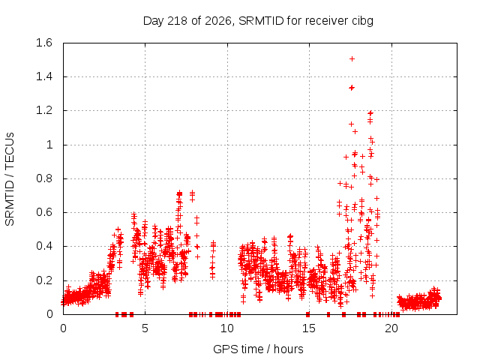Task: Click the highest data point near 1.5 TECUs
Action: pos(352,58)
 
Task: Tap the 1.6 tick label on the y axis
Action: pos(44,43)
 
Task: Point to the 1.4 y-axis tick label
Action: pos(44,76)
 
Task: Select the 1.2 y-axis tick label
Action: pos(44,110)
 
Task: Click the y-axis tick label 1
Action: pos(49,145)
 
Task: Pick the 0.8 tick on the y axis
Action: pos(44,178)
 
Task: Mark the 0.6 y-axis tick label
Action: pos(44,212)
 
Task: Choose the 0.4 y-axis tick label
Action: pos(44,247)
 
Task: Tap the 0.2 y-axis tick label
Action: pos(44,280)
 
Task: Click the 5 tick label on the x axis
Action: pos(145,328)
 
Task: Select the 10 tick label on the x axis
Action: pos(227,328)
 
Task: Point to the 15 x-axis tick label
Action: pos(309,328)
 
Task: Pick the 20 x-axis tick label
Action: pos(391,328)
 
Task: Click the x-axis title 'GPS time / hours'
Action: pos(258,349)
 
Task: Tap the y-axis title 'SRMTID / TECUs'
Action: pos(10,179)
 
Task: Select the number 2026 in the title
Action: pos(218,21)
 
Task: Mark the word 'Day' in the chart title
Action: pos(154,21)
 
